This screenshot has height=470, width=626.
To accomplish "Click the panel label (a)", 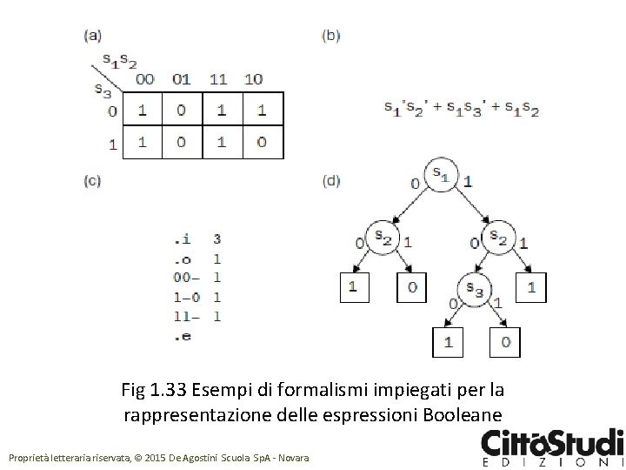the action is coord(92,36).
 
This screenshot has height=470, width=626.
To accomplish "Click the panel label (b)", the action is coord(331,36).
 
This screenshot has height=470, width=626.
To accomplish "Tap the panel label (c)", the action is coord(92,181).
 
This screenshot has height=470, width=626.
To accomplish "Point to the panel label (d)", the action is coord(331,181).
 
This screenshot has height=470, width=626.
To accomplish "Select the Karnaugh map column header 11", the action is coord(219,79).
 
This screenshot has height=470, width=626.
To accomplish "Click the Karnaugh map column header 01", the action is coord(181,79).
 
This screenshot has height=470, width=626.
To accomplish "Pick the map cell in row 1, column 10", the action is coord(262,142).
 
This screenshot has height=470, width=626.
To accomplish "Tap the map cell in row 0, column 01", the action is coord(181,111).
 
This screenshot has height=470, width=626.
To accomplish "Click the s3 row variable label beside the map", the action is coord(102,88).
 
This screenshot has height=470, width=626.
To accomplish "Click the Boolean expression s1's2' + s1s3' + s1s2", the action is coord(461,109).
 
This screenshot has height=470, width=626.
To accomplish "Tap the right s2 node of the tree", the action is coord(498,236).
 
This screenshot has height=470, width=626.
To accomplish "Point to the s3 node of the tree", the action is coord(475,287).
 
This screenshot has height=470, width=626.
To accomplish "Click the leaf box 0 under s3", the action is coord(504,341).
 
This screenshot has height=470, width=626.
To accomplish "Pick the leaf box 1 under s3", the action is coord(448,341).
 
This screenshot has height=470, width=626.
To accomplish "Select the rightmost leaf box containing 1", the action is coord(531,285).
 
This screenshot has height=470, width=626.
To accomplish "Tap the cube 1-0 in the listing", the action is coord(186,297).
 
